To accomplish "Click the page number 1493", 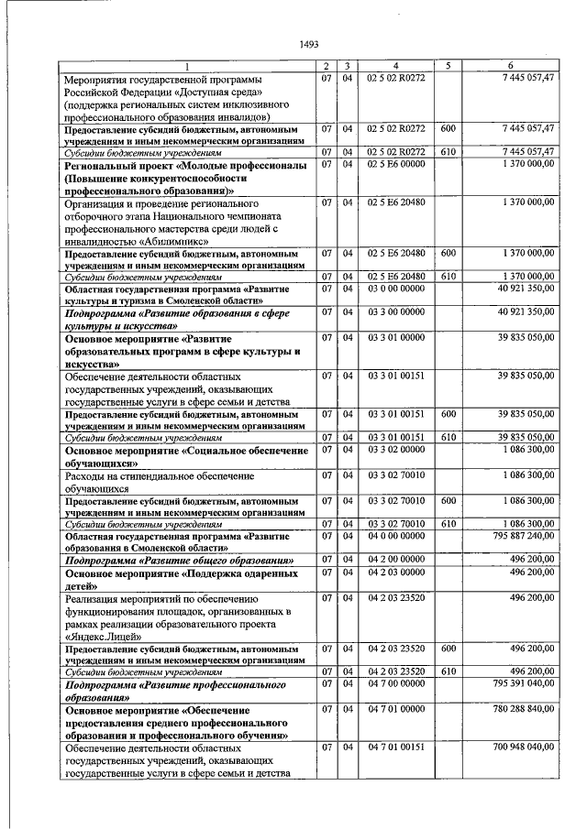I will (x=308, y=43).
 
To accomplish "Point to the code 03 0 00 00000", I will (x=396, y=289).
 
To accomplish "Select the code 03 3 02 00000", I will (x=396, y=449).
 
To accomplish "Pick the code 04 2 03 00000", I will (x=396, y=573).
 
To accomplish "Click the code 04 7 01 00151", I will (x=396, y=749).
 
